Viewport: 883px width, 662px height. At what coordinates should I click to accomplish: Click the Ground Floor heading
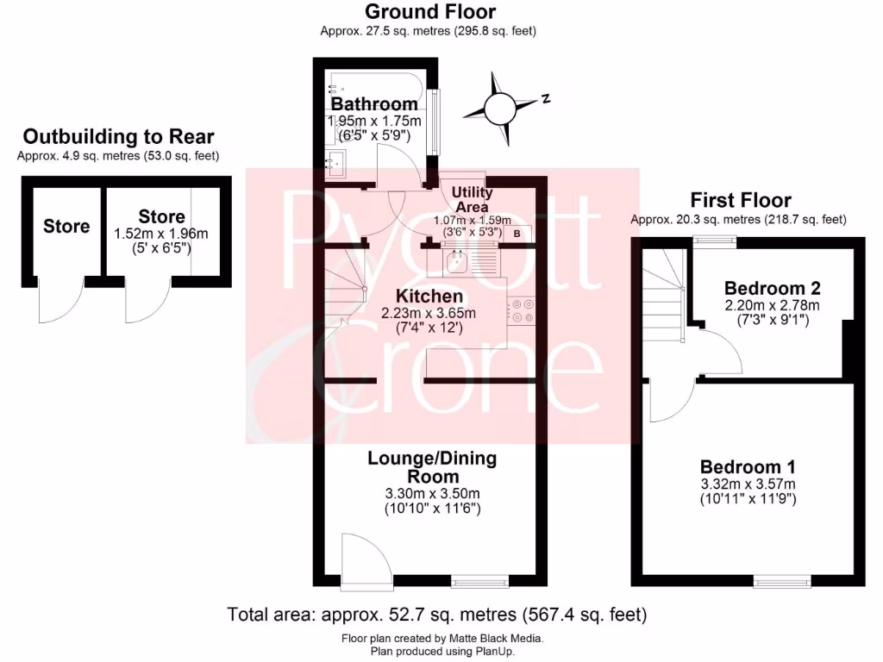click(x=430, y=12)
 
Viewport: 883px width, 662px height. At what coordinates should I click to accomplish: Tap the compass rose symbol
click(x=499, y=109)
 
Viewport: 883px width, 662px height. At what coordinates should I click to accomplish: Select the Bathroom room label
click(x=374, y=104)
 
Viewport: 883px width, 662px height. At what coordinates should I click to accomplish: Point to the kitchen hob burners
click(x=521, y=310)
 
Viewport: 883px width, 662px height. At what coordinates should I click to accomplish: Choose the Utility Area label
click(x=472, y=200)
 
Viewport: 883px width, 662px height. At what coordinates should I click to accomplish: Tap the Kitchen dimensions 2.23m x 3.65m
click(x=429, y=313)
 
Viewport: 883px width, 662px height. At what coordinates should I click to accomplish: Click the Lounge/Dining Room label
click(x=432, y=467)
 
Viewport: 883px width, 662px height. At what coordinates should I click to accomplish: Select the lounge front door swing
click(x=362, y=558)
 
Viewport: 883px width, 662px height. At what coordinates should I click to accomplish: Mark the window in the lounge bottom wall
click(x=480, y=583)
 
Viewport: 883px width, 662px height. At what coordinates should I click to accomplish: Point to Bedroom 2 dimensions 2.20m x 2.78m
click(x=772, y=305)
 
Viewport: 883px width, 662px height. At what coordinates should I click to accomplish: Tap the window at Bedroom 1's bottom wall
click(x=781, y=583)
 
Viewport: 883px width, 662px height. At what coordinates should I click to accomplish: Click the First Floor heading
click(x=740, y=201)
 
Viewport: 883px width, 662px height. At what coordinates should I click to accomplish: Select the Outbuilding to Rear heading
click(x=118, y=136)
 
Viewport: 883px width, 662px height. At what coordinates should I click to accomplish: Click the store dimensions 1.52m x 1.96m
click(x=161, y=234)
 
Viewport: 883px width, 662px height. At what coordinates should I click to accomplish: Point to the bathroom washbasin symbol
click(x=335, y=160)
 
